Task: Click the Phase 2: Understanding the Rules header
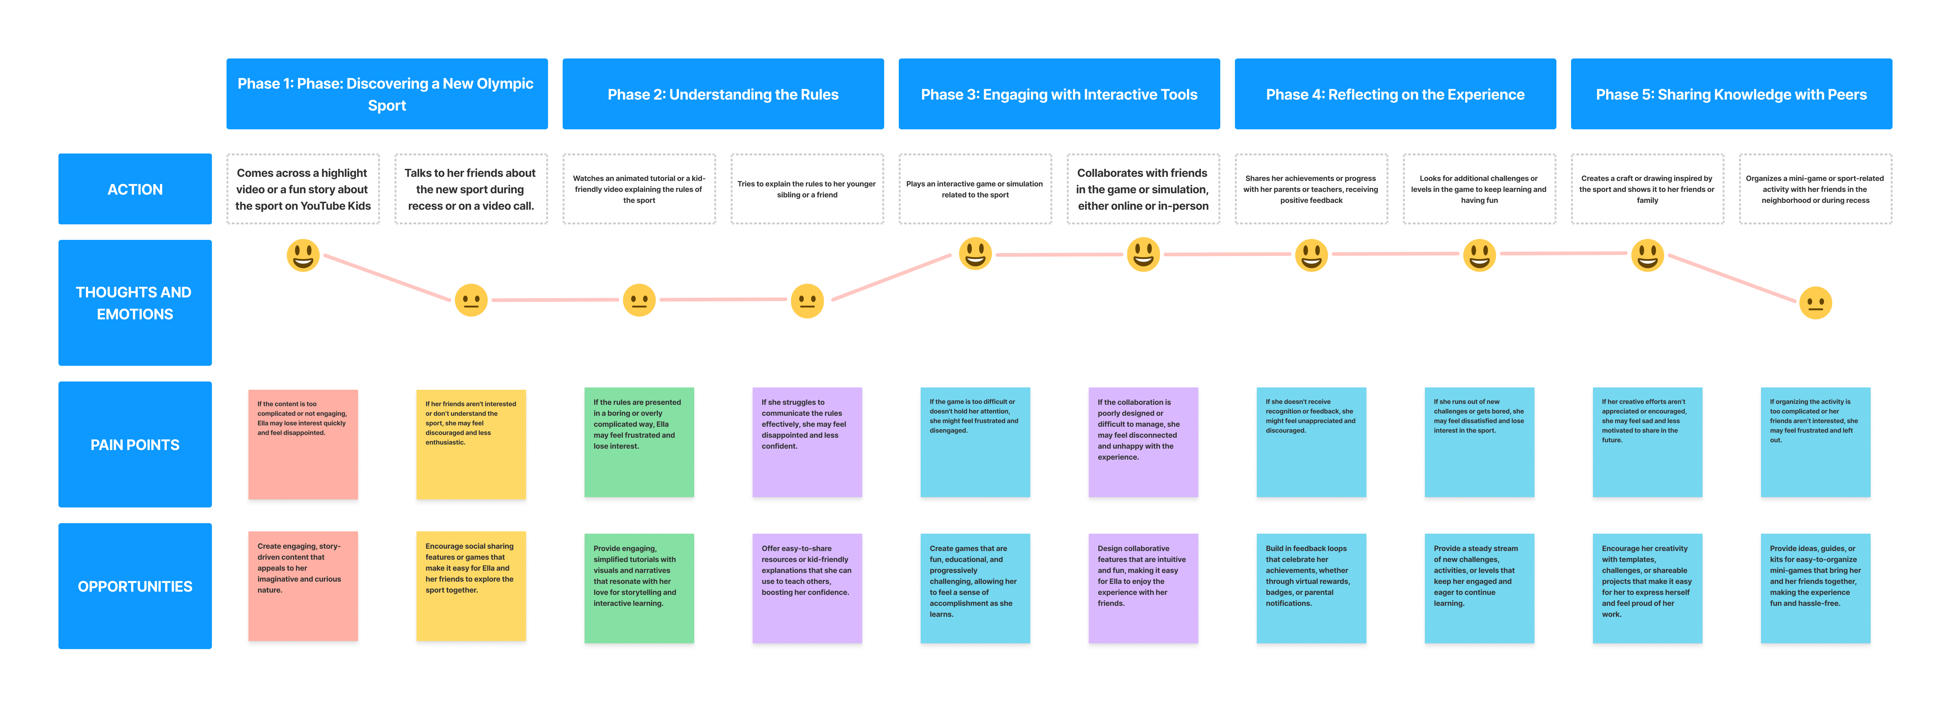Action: [722, 94]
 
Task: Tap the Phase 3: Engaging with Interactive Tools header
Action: [1059, 94]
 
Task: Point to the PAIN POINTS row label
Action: [135, 445]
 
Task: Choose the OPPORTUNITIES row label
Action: [135, 586]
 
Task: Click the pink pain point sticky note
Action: [303, 445]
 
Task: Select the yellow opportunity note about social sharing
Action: [470, 587]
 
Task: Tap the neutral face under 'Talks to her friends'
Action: [470, 300]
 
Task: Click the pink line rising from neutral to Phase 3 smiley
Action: [891, 277]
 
